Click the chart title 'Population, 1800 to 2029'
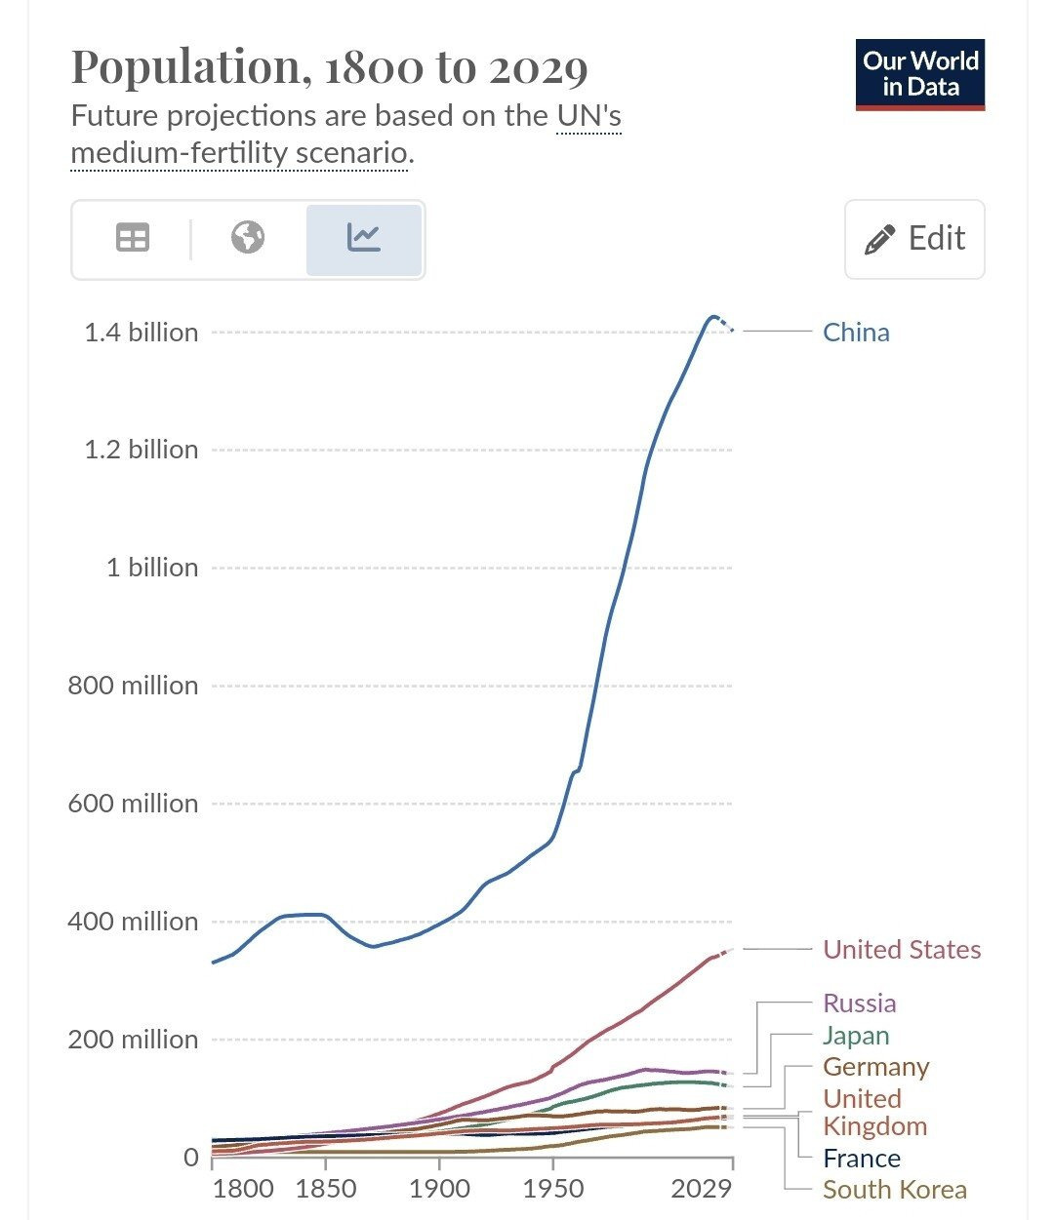coord(330,67)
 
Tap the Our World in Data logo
coord(919,74)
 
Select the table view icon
coord(133,238)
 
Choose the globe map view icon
coord(248,238)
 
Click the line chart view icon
coord(363,238)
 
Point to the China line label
coord(856,333)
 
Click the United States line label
coord(902,950)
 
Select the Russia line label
coord(859,1004)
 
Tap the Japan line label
coord(856,1036)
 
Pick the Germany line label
coord(875,1067)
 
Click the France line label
coord(861,1159)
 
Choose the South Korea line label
coord(894,1190)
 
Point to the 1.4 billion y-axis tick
coord(142,333)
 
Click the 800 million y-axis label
coord(133,686)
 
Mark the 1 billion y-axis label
coord(151,568)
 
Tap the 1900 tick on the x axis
coord(439,1189)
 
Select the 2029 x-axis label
coord(702,1189)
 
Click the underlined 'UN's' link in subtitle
coord(588,116)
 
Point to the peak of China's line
coord(713,317)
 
